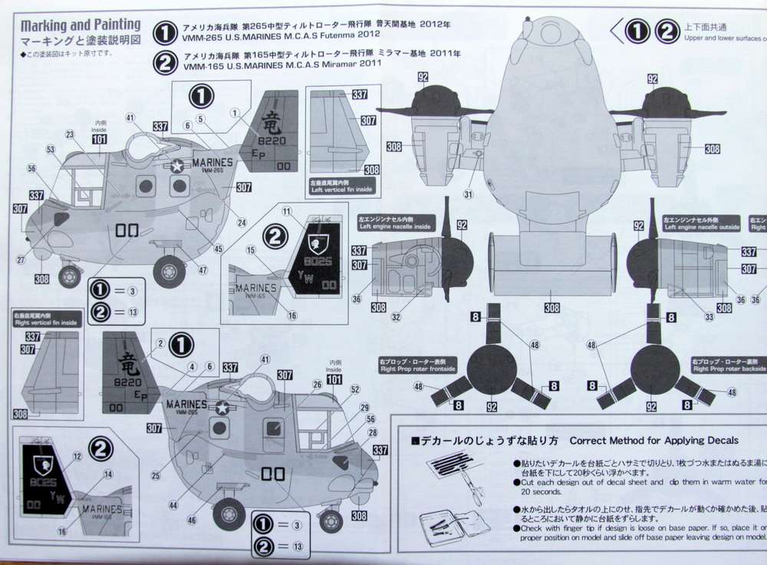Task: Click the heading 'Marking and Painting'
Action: [x=81, y=25]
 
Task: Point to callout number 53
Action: [x=51, y=148]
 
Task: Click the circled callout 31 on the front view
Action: [x=467, y=194]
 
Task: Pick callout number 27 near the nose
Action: [x=21, y=261]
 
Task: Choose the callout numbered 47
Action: [x=202, y=271]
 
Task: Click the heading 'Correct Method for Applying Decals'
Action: [x=654, y=441]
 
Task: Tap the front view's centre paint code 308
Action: [x=551, y=308]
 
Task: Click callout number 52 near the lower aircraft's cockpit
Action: [x=355, y=389]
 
